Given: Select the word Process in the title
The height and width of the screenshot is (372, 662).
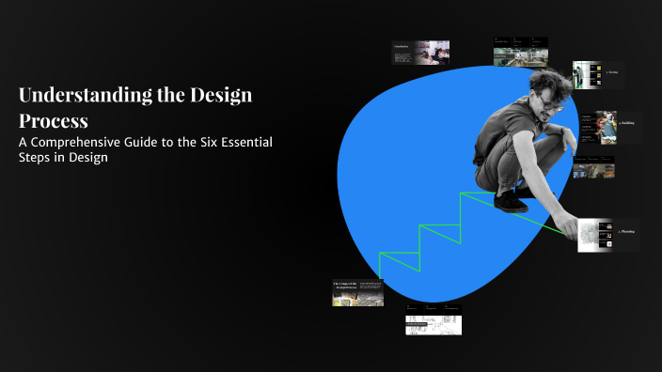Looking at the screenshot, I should (54, 121).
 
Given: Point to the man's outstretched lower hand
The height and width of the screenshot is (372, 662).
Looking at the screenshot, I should (566, 225).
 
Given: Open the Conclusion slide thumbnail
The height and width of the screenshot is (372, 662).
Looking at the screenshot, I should (419, 52).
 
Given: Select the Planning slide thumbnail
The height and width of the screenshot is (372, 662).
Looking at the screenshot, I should (607, 235).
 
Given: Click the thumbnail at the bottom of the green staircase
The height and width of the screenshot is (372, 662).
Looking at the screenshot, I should (357, 293).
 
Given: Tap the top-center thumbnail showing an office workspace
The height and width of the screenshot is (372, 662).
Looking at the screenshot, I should (520, 52).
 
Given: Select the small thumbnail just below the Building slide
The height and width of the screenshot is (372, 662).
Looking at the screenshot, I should (593, 166).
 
